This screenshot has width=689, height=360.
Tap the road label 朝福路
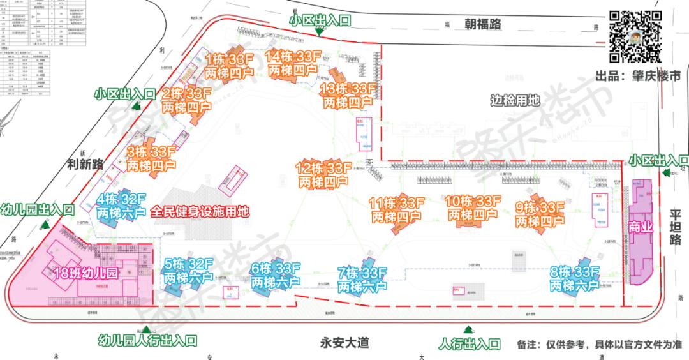tap(482, 24)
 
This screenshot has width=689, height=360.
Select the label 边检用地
tap(515, 100)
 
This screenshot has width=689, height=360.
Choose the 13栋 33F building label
tap(348, 95)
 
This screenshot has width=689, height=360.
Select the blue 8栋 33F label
tap(575, 280)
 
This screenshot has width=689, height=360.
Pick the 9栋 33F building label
tap(540, 214)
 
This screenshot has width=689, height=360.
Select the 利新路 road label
tap(84, 164)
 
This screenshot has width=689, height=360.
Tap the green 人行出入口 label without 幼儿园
tap(470, 344)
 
